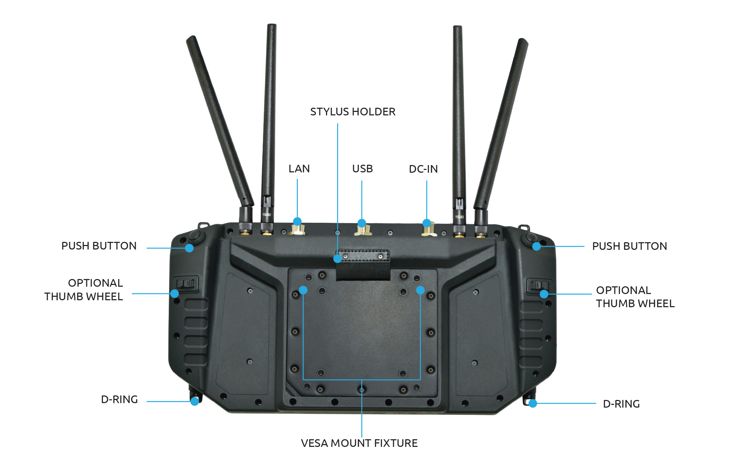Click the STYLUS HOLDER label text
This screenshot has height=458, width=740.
tap(353, 112)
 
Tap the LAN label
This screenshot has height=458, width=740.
tap(299, 169)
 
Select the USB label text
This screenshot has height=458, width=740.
tap(362, 169)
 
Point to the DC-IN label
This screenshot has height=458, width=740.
tap(423, 169)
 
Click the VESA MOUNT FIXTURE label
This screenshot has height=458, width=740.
tap(359, 443)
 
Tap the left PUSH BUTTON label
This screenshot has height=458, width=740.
tap(99, 246)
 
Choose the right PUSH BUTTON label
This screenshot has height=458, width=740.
tap(629, 246)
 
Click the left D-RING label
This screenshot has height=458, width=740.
tap(119, 399)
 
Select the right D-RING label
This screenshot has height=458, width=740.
tap(621, 404)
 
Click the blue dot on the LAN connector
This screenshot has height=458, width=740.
tap(297, 222)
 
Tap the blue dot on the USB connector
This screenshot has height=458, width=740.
tap(362, 223)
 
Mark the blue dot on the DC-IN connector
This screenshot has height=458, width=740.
tap(427, 223)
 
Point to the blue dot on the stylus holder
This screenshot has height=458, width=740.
tap(337, 259)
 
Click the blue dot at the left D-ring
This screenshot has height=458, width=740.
tap(195, 401)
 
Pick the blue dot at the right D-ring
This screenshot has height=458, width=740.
tap(533, 403)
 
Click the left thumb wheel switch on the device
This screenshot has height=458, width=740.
tap(186, 284)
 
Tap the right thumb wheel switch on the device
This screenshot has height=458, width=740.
tap(539, 286)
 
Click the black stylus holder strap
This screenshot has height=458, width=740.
tap(363, 265)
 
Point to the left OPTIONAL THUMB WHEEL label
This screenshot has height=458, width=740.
tap(83, 289)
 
